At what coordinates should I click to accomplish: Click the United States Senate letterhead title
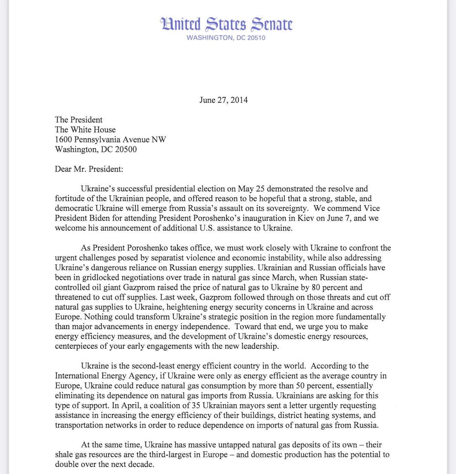pyautogui.click(x=226, y=24)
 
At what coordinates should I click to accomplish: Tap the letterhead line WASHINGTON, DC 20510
pyautogui.click(x=226, y=38)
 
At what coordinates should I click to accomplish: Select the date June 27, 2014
pyautogui.click(x=223, y=100)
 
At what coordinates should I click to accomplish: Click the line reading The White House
pyautogui.click(x=85, y=130)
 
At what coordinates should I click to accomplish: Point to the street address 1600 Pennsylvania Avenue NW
pyautogui.click(x=110, y=139)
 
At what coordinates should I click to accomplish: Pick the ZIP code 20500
pyautogui.click(x=126, y=149)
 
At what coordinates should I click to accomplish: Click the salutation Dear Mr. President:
pyautogui.click(x=89, y=169)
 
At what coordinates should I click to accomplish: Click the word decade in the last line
pyautogui.click(x=143, y=464)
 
